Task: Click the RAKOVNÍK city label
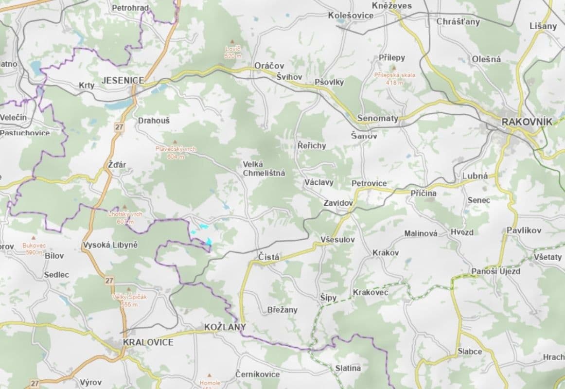[x=527, y=122]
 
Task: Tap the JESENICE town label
[x=123, y=80]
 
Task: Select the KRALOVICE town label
[x=148, y=342]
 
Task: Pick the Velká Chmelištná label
[x=264, y=169]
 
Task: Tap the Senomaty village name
[x=377, y=118]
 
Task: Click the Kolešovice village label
[x=351, y=16]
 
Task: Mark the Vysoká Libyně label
[x=110, y=245]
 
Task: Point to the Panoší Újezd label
[x=495, y=271]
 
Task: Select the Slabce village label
[x=470, y=351]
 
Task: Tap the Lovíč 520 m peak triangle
[x=232, y=42]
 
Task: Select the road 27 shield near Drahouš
[x=120, y=127]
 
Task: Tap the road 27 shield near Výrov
[x=34, y=384]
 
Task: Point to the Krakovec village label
[x=370, y=292]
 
